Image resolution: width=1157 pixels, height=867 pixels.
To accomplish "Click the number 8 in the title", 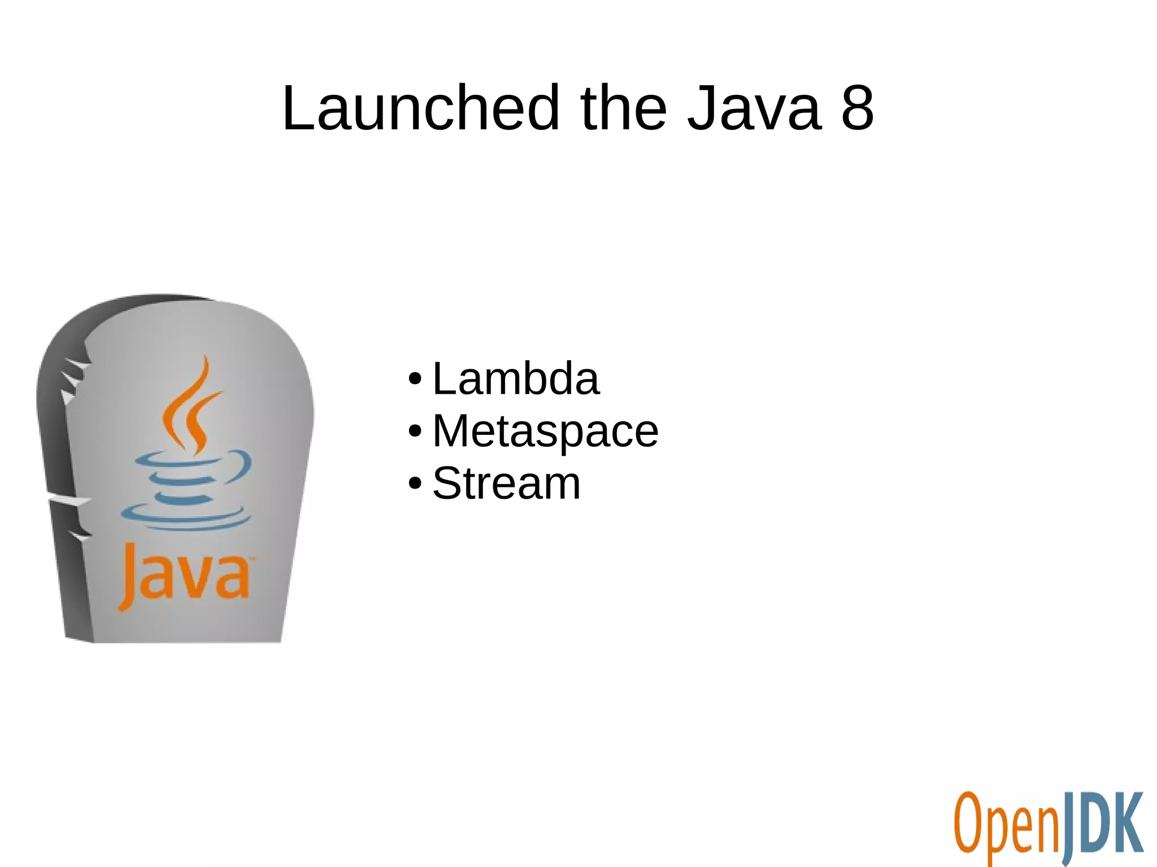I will click(x=857, y=107).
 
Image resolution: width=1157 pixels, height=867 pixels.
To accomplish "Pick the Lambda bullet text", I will click(x=515, y=378).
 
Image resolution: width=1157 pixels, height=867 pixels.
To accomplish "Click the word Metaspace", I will click(x=545, y=431).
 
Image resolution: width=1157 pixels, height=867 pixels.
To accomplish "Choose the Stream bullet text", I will click(x=506, y=483).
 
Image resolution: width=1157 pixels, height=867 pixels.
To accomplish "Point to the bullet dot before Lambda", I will click(x=415, y=379).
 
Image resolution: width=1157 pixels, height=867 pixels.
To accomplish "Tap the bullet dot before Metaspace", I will click(x=415, y=432).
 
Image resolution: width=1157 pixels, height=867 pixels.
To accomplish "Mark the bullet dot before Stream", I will click(x=415, y=484).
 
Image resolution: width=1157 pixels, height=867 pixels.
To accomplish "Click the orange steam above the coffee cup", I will click(x=192, y=404).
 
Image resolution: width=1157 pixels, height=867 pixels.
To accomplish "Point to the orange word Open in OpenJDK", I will click(x=1006, y=826).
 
